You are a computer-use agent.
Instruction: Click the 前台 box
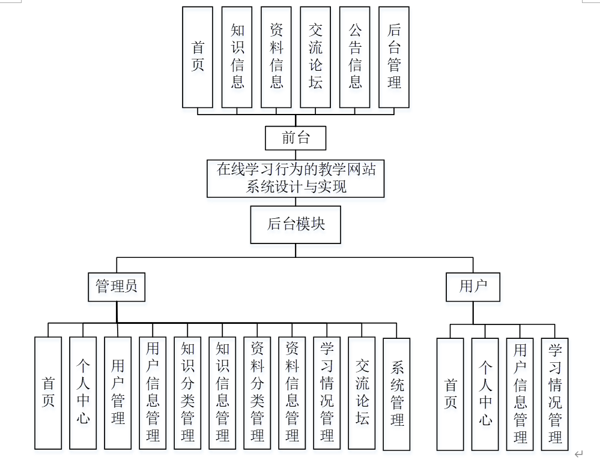click(x=295, y=138)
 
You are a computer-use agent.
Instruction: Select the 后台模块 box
click(x=295, y=224)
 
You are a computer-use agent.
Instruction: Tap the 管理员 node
click(x=117, y=286)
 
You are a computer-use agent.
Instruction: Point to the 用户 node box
click(x=473, y=286)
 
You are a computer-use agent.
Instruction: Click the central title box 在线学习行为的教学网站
click(x=295, y=178)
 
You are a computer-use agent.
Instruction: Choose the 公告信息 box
click(x=354, y=57)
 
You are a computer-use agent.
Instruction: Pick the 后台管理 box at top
click(x=394, y=57)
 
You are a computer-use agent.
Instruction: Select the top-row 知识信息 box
click(x=237, y=57)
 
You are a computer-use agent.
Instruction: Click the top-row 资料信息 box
click(x=276, y=57)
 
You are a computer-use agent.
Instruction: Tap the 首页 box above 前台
click(x=198, y=57)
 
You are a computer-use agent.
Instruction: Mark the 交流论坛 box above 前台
click(x=315, y=57)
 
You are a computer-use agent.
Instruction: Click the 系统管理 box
click(x=396, y=393)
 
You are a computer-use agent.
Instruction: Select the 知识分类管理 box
click(x=187, y=393)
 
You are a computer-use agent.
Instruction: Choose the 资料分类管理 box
click(x=257, y=393)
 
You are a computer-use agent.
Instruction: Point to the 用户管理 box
click(x=118, y=393)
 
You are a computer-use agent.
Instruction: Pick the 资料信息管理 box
click(x=292, y=393)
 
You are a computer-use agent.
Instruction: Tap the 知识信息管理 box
click(x=222, y=393)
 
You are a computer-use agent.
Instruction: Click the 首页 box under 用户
click(x=450, y=393)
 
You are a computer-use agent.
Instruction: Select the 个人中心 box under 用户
click(x=485, y=393)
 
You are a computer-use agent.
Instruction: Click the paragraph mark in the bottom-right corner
click(x=579, y=454)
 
